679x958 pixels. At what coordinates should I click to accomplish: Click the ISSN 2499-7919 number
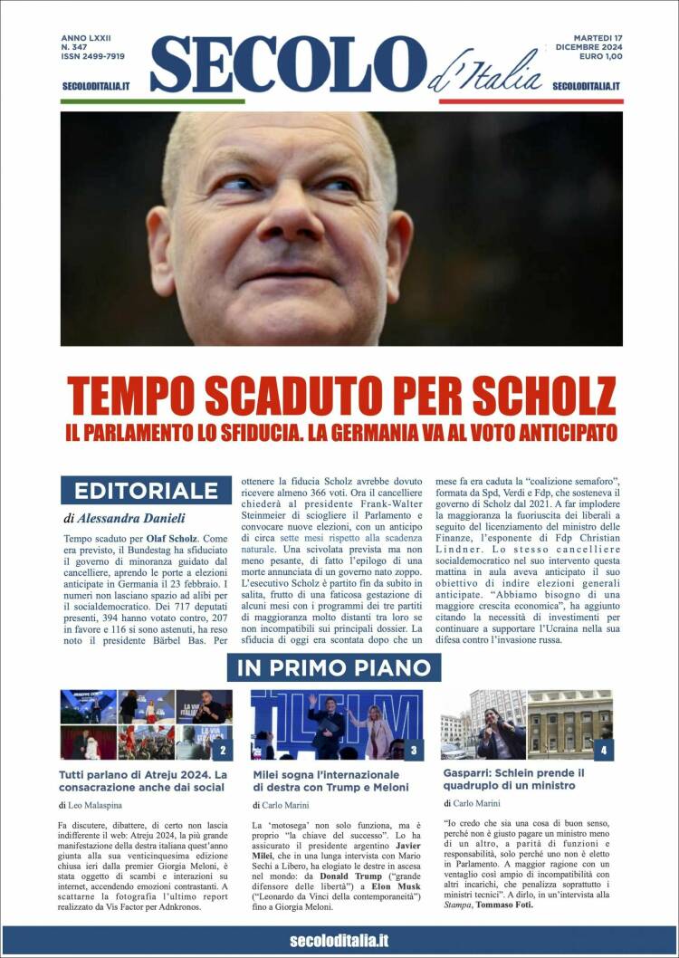(x=93, y=56)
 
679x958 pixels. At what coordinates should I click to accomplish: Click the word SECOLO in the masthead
(x=287, y=65)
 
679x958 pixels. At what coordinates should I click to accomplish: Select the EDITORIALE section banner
(x=146, y=491)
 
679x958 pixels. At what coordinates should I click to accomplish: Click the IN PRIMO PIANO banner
(x=334, y=668)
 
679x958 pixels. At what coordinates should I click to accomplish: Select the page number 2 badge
(x=223, y=750)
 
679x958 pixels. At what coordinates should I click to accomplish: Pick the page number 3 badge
(x=413, y=750)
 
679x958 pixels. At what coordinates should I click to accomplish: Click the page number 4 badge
(x=603, y=750)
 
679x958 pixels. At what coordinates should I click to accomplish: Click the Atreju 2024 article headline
(x=143, y=781)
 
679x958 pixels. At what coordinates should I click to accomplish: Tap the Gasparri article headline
(x=514, y=780)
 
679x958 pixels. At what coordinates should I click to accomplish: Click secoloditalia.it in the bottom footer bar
(x=339, y=941)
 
